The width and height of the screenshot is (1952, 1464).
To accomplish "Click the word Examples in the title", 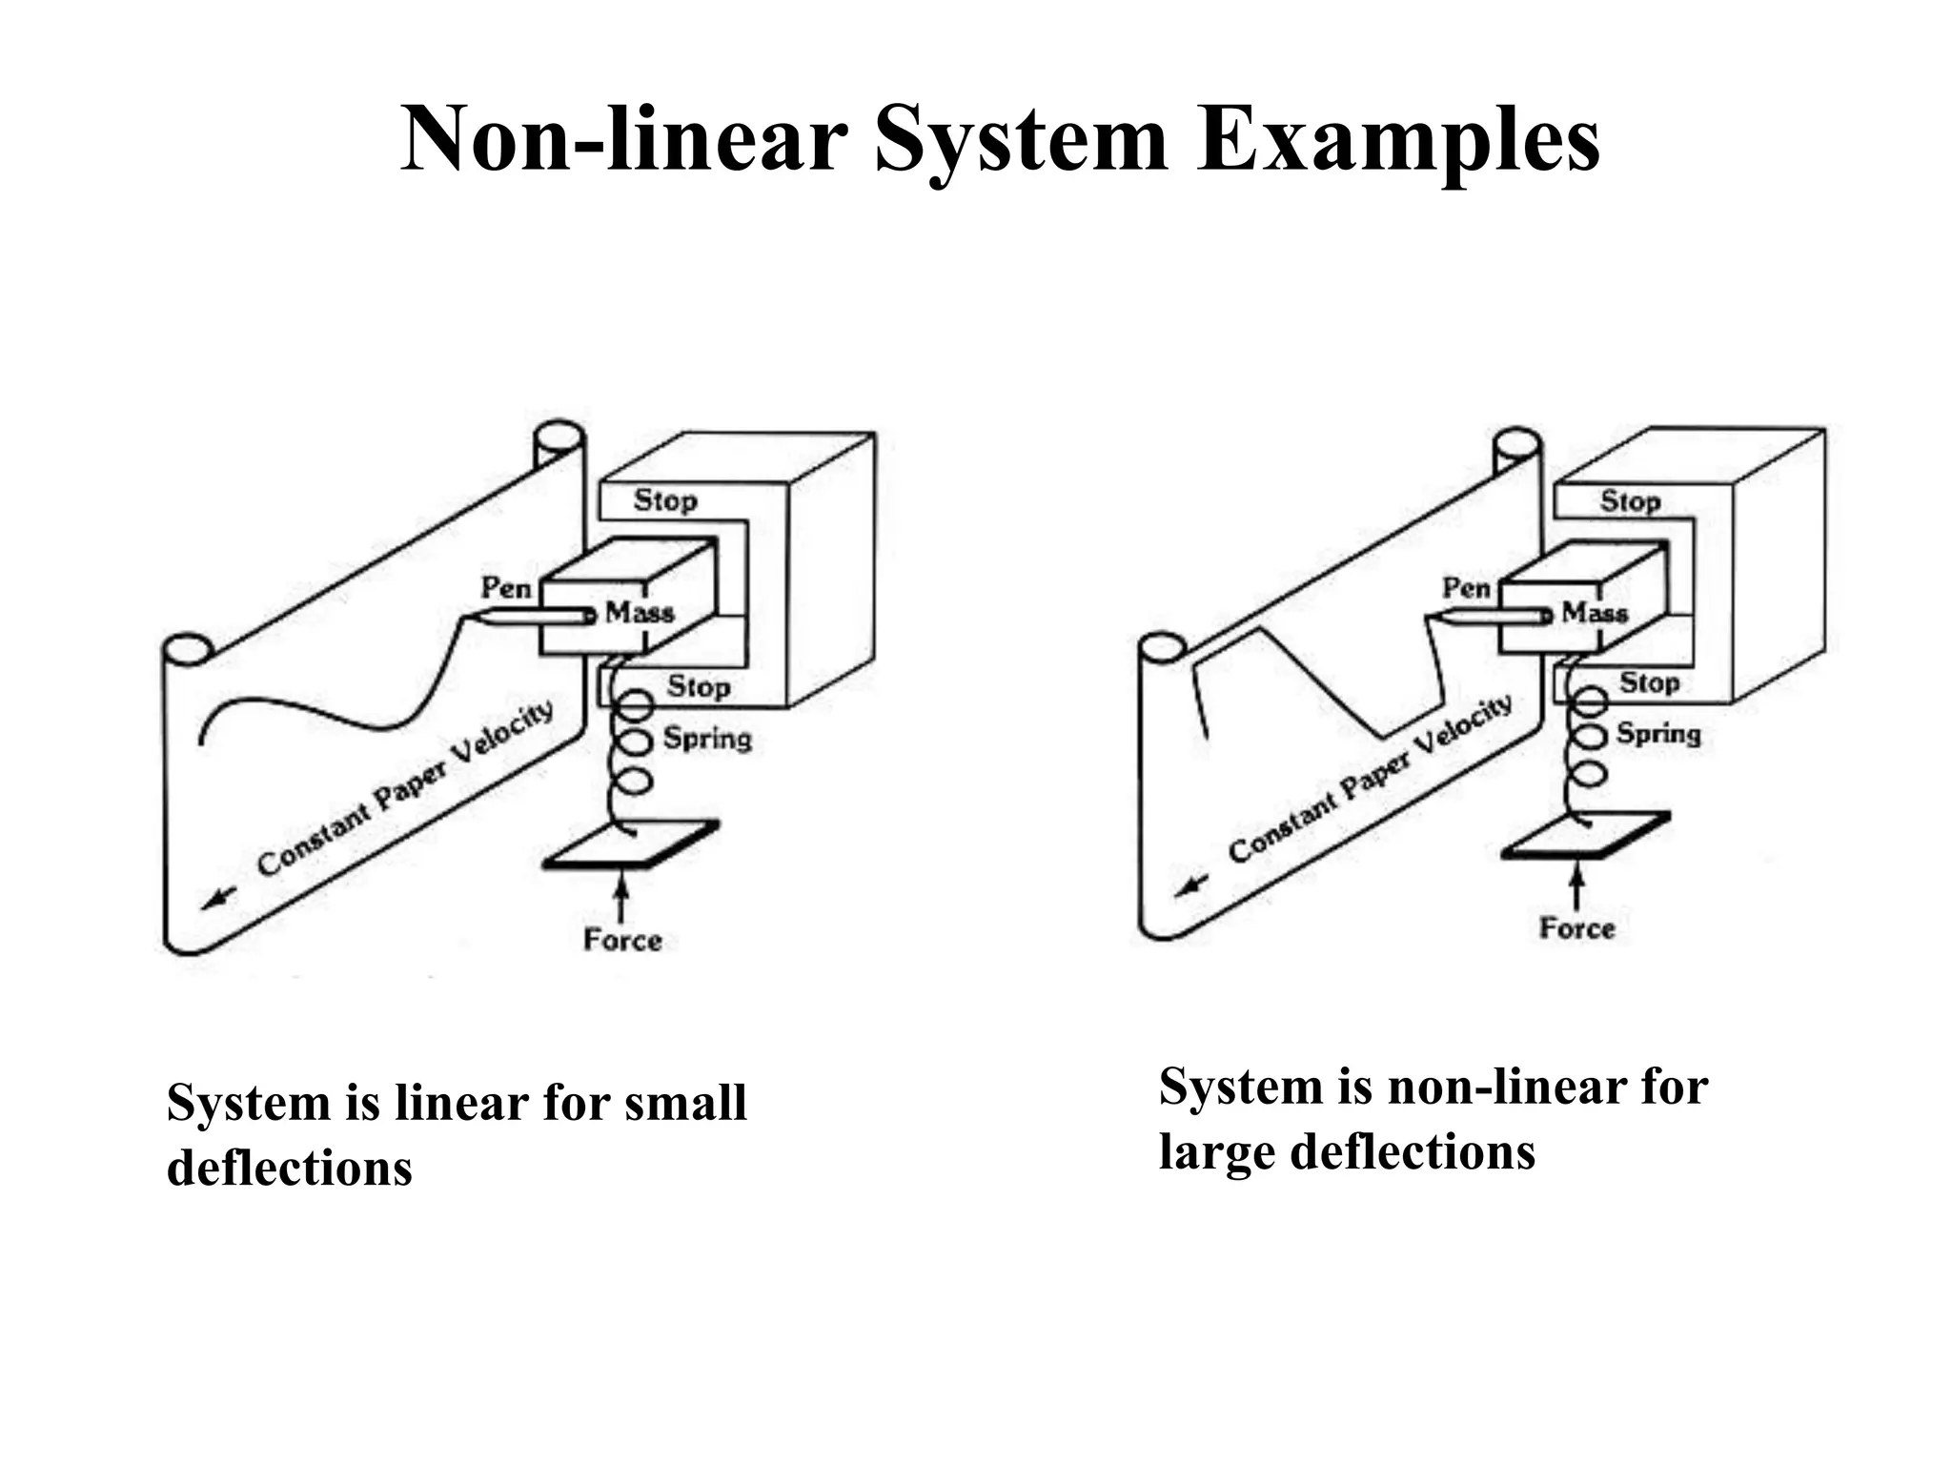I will coord(1398,141).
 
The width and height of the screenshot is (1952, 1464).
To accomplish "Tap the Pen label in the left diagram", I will coord(505,588).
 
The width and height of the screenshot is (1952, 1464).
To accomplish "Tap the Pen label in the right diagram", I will coord(1466,588).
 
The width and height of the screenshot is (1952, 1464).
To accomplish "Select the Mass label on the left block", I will coord(640,612).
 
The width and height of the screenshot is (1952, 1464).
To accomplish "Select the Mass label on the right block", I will coord(1595,612).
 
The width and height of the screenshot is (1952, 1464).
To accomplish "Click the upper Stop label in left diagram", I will coord(665,500).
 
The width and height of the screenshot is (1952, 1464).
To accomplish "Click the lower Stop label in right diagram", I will coord(1649,682).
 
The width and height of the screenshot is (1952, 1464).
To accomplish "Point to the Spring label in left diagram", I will coord(707,738).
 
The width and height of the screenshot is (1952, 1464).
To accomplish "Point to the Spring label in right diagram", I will coord(1658,734).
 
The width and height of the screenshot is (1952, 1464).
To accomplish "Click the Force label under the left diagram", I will coord(622,941).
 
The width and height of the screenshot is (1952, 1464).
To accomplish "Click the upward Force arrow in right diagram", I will coord(1577,886).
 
